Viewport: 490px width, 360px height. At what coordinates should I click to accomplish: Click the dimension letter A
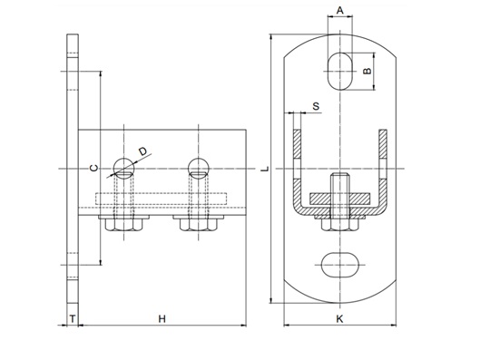(x=339, y=11)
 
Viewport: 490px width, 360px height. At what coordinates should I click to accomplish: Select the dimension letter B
(x=367, y=71)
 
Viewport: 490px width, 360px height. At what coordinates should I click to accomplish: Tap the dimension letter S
(x=316, y=106)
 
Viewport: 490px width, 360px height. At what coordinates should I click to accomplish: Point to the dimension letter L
(x=265, y=169)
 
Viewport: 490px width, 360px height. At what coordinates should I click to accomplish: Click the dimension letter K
(x=339, y=319)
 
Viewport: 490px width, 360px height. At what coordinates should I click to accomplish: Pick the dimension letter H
(x=162, y=319)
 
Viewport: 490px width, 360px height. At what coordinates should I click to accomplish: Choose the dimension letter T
(x=73, y=319)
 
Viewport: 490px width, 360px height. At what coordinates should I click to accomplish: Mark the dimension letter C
(x=94, y=168)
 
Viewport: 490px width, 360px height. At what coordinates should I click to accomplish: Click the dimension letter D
(x=142, y=151)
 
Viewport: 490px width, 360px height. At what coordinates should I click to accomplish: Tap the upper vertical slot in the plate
(x=339, y=72)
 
